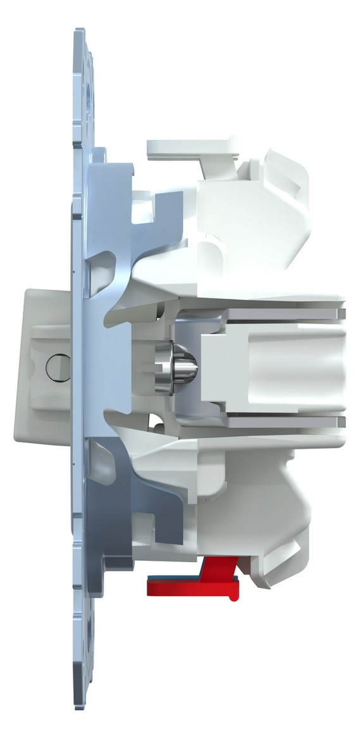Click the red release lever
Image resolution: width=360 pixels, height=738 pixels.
pyautogui.click(x=190, y=588)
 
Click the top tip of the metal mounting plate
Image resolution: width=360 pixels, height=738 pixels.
pyautogui.click(x=80, y=32)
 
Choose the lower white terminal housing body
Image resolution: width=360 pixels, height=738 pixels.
pyautogui.click(x=253, y=506)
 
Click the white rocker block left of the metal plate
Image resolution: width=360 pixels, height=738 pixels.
pyautogui.click(x=44, y=367)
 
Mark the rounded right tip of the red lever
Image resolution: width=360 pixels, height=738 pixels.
pyautogui.click(x=235, y=594)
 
